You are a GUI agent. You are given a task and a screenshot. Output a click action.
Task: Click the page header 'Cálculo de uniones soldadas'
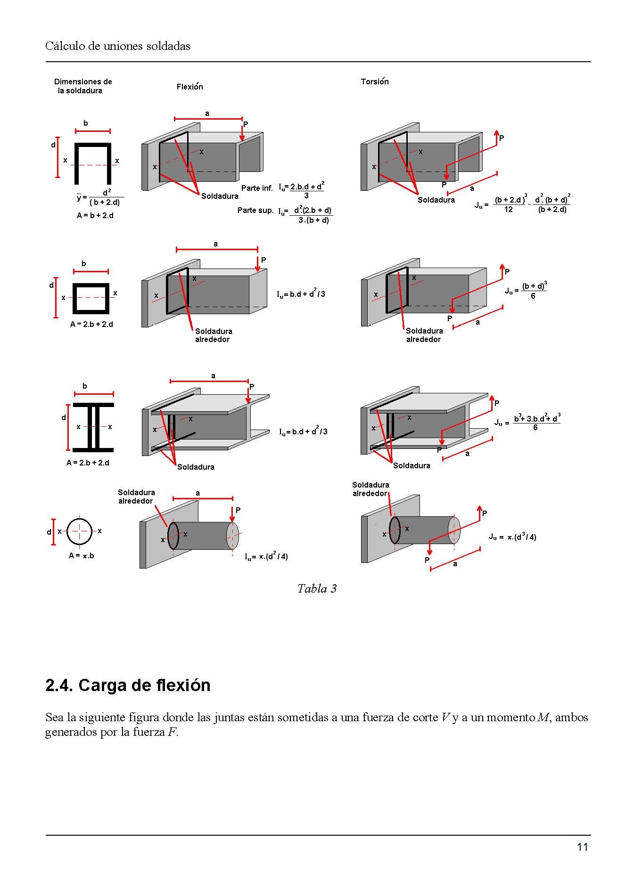tap(118, 46)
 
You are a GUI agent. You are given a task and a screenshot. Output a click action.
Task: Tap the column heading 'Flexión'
tap(189, 87)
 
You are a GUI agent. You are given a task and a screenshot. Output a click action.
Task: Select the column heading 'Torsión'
tap(375, 81)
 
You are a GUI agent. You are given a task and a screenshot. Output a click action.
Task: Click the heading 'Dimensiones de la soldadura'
tap(82, 86)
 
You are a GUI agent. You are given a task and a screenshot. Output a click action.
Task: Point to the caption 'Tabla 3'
tap(317, 588)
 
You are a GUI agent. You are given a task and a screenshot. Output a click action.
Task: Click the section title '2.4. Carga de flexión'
tap(128, 685)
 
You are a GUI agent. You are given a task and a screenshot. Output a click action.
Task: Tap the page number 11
tap(582, 847)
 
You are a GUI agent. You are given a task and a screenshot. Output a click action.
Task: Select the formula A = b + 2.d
tap(95, 216)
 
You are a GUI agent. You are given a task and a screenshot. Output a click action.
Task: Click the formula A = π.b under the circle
tap(82, 556)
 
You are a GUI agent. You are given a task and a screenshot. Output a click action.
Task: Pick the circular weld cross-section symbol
tap(80, 531)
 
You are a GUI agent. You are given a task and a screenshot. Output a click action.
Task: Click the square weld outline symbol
tap(91, 298)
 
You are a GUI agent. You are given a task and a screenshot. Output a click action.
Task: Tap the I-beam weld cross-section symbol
tap(93, 427)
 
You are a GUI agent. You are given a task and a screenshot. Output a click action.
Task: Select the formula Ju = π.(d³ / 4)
tap(512, 537)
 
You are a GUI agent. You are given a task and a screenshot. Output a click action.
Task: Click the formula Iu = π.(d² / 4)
tap(266, 557)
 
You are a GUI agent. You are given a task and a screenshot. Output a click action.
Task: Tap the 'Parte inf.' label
tap(257, 188)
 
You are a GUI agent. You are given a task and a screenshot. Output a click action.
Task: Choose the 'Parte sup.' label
tap(255, 211)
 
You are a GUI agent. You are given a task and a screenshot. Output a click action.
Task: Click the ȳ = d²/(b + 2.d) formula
tap(100, 197)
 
